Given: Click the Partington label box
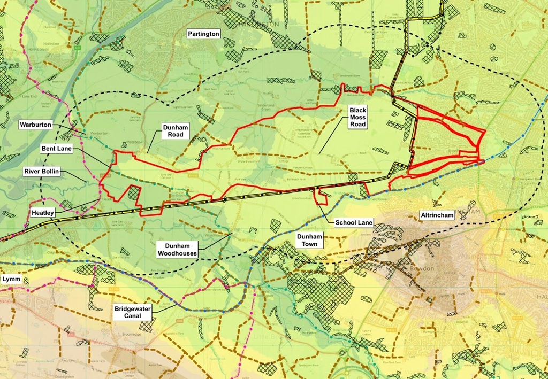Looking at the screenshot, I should click(203, 34).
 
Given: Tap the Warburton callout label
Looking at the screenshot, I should click(35, 125).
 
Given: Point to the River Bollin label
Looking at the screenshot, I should click(42, 172).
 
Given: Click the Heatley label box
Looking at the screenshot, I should click(43, 212).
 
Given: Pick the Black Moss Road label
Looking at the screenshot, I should click(357, 117).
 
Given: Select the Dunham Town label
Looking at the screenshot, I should click(309, 240).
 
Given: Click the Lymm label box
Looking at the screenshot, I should click(10, 279).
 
